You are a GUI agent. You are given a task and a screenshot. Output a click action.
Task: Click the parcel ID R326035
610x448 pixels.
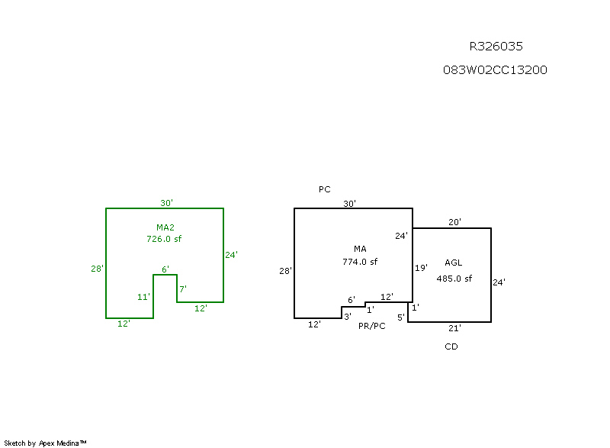tap(496, 47)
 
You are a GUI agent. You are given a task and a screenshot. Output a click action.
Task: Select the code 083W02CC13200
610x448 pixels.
tap(495, 70)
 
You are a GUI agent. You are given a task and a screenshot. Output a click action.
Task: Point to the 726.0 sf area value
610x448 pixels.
tap(164, 239)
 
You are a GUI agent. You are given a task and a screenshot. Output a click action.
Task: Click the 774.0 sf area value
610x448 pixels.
tap(360, 262)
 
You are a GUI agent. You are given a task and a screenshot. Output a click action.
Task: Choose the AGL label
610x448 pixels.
tap(454, 263)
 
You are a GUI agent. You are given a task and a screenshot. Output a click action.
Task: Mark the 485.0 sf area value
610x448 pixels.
tap(454, 279)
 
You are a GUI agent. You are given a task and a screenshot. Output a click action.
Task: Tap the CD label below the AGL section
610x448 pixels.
tap(451, 346)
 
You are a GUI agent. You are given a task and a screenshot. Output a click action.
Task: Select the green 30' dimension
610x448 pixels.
tap(166, 203)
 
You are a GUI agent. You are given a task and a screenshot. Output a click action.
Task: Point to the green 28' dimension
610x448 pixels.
tap(97, 269)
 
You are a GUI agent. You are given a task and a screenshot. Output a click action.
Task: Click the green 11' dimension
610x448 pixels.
tap(143, 297)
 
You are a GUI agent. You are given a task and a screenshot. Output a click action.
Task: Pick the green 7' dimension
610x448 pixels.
tap(183, 288)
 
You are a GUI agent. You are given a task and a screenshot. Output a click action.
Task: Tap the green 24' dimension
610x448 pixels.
tap(232, 255)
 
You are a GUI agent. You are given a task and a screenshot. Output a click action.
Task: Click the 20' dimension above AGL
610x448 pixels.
tap(454, 223)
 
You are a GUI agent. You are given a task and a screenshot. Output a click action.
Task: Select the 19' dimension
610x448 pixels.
tap(421, 268)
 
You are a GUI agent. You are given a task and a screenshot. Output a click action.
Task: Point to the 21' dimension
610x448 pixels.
tap(454, 327)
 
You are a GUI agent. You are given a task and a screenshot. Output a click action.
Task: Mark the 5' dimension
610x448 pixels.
tap(401, 317)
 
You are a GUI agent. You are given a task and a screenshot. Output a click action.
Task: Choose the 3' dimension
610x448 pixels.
tap(347, 316)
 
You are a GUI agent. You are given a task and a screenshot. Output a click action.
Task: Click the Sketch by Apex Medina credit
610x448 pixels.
tap(45, 443)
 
